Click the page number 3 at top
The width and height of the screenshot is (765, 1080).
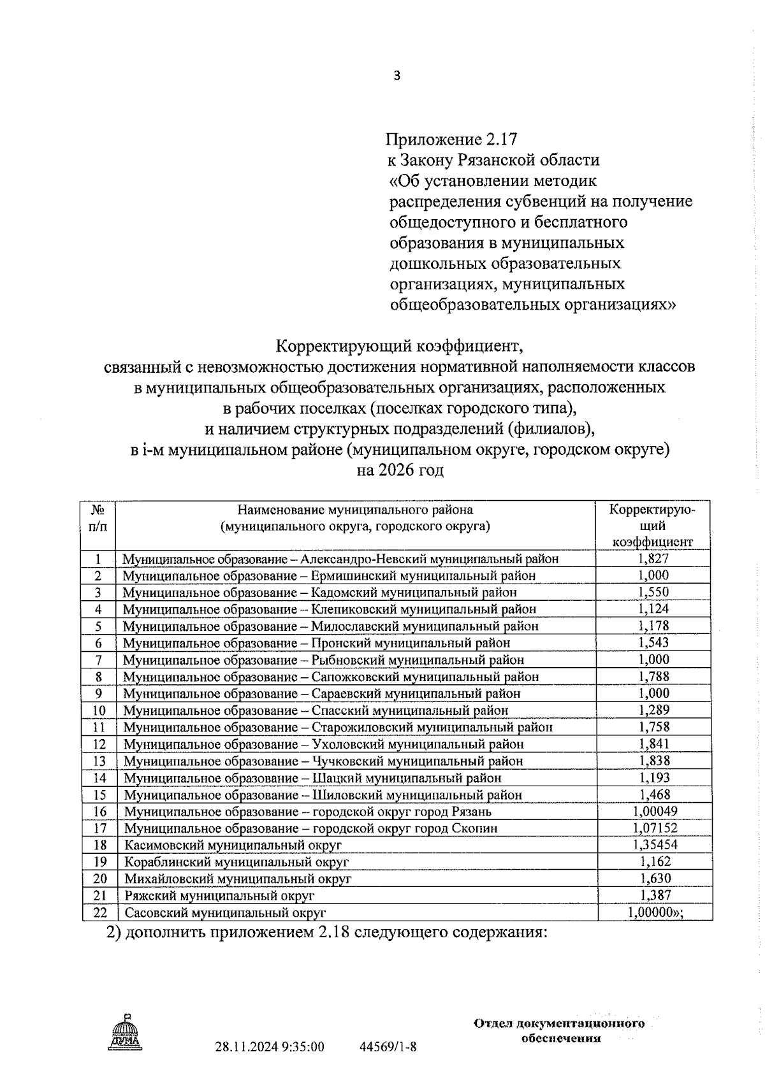[397, 76]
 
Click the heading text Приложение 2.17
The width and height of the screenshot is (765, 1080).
[451, 139]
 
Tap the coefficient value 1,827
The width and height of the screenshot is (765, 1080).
[653, 558]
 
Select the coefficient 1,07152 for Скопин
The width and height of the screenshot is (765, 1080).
[655, 828]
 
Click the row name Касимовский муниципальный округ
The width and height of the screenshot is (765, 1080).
[233, 845]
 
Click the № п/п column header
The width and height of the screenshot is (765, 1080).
[98, 518]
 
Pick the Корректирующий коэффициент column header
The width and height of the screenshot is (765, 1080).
[652, 526]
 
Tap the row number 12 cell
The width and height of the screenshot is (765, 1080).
[99, 744]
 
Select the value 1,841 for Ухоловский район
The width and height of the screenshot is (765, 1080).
[653, 744]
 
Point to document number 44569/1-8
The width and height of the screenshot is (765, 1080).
[388, 1046]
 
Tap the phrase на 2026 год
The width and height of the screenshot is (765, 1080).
[399, 471]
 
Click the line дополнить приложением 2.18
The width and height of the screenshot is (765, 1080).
[326, 933]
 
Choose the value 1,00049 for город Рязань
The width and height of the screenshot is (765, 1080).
[655, 811]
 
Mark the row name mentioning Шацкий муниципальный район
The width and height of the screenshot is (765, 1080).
[312, 778]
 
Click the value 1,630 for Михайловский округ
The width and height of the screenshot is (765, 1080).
[655, 878]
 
